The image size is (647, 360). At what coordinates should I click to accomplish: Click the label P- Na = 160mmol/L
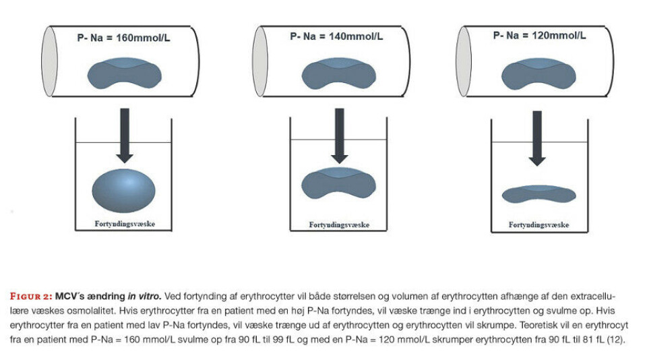tap(123, 38)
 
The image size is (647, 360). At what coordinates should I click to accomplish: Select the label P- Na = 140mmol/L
tap(336, 38)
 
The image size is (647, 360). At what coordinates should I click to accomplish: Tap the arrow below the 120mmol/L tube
tap(537, 138)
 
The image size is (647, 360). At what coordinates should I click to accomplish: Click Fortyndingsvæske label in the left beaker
tap(124, 223)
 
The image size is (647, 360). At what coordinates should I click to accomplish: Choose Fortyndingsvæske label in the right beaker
tap(538, 225)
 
